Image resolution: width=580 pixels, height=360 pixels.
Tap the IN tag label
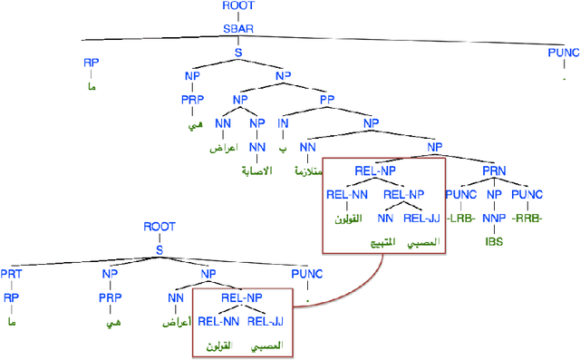pyautogui.click(x=283, y=122)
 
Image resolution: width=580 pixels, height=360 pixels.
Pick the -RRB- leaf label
pyautogui.click(x=528, y=219)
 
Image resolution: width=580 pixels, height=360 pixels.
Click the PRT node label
pyautogui.click(x=12, y=272)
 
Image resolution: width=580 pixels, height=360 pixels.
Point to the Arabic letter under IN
pyautogui.click(x=283, y=146)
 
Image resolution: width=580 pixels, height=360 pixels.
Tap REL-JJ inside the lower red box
pyautogui.click(x=266, y=320)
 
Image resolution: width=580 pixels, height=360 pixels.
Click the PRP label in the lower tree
pyautogui.click(x=108, y=295)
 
